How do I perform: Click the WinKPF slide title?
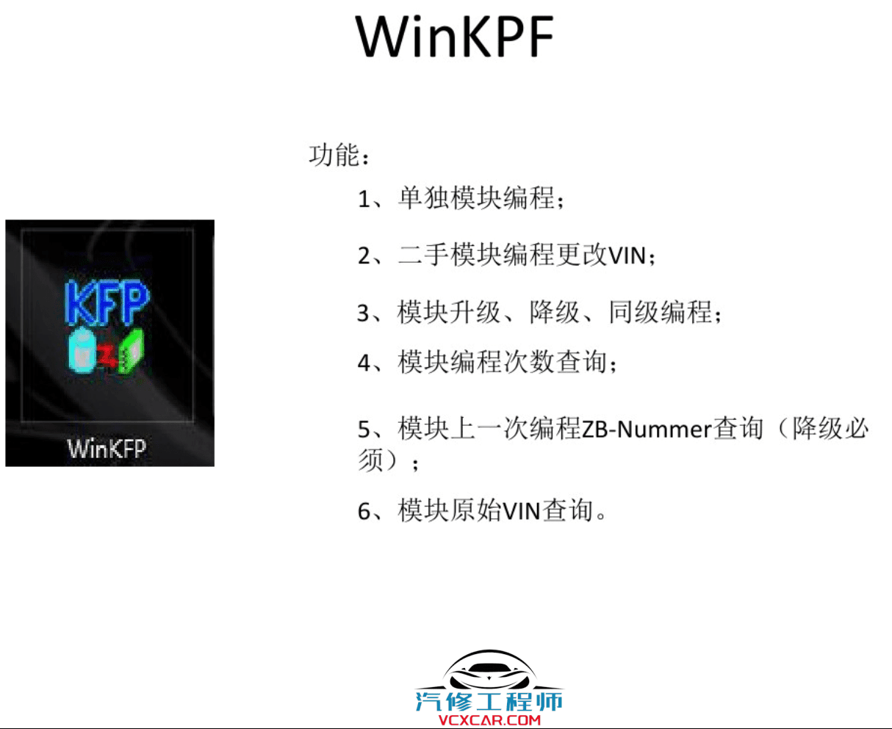tap(455, 36)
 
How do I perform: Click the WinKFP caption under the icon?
tap(107, 447)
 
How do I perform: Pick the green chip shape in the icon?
tap(133, 349)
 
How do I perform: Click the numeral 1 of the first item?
tap(364, 199)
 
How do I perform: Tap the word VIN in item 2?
tap(628, 256)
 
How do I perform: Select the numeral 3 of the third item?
tap(364, 313)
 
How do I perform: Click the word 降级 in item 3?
tap(555, 313)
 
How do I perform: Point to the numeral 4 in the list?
tap(364, 363)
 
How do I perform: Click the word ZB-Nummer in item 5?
tap(647, 429)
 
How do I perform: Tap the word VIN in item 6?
tap(522, 510)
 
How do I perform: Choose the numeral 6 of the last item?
tap(364, 511)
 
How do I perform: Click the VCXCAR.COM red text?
tap(489, 720)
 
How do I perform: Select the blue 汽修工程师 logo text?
tap(489, 701)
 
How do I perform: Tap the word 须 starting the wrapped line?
tap(371, 460)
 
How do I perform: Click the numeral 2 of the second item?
tap(364, 256)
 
